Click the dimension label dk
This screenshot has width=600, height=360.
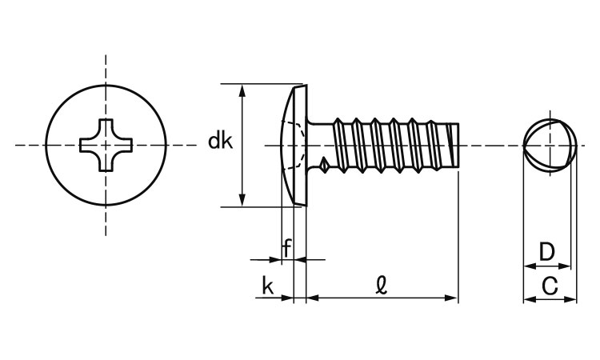pos(220,142)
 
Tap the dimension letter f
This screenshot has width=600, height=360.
pos(286,248)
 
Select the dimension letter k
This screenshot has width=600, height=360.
pos(268,286)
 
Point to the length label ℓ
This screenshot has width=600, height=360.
pos(382,285)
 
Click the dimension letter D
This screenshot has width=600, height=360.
pos(546,253)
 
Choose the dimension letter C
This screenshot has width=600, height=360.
pos(550,286)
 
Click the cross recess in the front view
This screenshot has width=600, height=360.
pos(106,145)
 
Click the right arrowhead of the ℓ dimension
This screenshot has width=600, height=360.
pos(454,298)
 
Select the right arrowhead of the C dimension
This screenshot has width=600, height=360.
pos(571,299)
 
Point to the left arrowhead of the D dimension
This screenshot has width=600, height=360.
pos(528,266)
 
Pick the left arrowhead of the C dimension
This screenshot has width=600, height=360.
pos(528,299)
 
